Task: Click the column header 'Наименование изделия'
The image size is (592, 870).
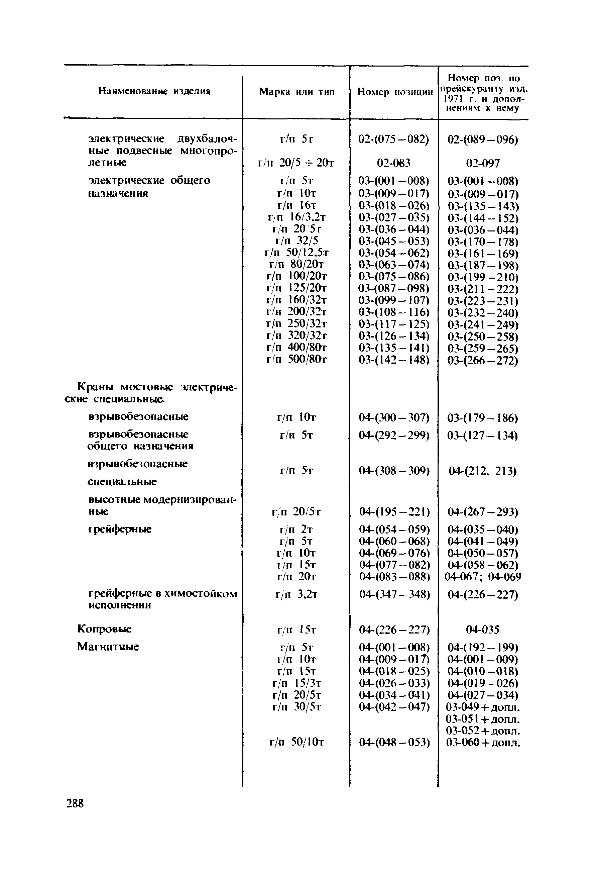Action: pyautogui.click(x=154, y=91)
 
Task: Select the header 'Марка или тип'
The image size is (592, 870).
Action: pyautogui.click(x=297, y=92)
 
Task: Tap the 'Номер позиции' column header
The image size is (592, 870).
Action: pyautogui.click(x=395, y=92)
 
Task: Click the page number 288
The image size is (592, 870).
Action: pyautogui.click(x=75, y=803)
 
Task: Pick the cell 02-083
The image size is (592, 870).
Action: pyautogui.click(x=393, y=163)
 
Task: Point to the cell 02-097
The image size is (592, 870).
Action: pyautogui.click(x=483, y=163)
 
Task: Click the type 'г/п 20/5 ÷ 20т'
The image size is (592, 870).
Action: pyautogui.click(x=295, y=163)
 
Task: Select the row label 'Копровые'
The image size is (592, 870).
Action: pyautogui.click(x=104, y=629)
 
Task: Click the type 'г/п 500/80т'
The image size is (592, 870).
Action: pyautogui.click(x=297, y=359)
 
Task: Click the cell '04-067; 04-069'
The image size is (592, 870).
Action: pyautogui.click(x=483, y=577)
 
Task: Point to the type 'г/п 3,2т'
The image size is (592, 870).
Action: pyautogui.click(x=296, y=594)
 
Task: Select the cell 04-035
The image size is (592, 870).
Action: pyautogui.click(x=482, y=630)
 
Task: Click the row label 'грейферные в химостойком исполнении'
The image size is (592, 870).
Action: pyautogui.click(x=162, y=599)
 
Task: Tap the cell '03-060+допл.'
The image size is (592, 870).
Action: pyautogui.click(x=483, y=742)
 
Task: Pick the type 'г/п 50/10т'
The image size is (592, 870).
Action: pyautogui.click(x=297, y=742)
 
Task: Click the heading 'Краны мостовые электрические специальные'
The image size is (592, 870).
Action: pyautogui.click(x=151, y=393)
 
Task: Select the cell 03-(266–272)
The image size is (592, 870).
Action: pyautogui.click(x=483, y=361)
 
